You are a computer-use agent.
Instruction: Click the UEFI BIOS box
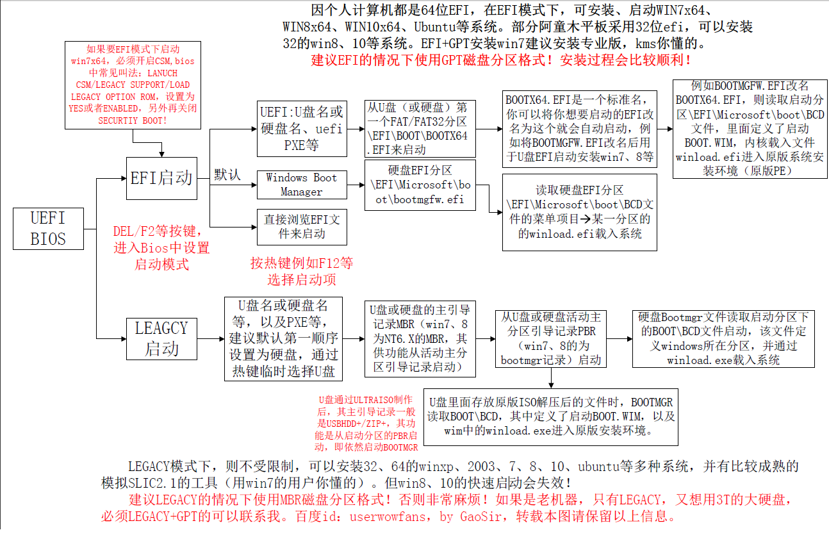[x=48, y=228]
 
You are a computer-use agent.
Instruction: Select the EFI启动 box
[x=161, y=178]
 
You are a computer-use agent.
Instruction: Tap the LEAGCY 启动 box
[x=161, y=339]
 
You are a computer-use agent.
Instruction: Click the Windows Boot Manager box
[x=302, y=185]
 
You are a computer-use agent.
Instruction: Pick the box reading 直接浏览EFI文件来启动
[x=302, y=227]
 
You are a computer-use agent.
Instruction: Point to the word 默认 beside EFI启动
[x=227, y=175]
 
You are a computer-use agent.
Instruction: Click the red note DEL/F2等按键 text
[x=158, y=231]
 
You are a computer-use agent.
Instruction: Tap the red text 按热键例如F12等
[x=302, y=263]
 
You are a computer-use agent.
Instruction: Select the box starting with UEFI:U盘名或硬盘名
[x=302, y=129]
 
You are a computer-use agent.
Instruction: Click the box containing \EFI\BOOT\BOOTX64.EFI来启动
[x=420, y=129]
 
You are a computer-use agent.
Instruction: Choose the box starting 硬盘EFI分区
[x=420, y=185]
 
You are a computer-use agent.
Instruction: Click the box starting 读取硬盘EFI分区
[x=580, y=213]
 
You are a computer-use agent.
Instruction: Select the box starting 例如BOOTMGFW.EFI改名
[x=750, y=129]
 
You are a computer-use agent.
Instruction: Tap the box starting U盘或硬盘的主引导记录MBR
[x=420, y=339]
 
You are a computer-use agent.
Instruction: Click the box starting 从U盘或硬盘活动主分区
[x=551, y=339]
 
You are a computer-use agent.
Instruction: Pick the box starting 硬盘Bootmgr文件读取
[x=723, y=339]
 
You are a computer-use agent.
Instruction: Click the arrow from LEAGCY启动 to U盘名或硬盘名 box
[x=211, y=339]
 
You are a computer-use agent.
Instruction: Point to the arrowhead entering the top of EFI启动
[x=161, y=154]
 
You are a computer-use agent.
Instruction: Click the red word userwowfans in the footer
[x=388, y=517]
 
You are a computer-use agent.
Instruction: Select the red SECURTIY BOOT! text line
[x=133, y=120]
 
